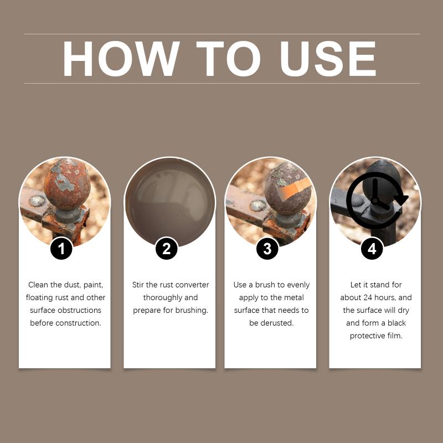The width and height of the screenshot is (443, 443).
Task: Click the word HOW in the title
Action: [121, 59]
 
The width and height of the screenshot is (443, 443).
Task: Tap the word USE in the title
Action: [328, 59]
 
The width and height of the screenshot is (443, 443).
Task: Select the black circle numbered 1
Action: [61, 249]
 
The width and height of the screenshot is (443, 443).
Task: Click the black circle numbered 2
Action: [167, 249]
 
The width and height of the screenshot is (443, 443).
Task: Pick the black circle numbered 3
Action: [267, 249]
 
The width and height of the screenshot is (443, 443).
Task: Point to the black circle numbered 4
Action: [372, 249]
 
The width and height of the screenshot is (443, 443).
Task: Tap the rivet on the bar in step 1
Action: [37, 200]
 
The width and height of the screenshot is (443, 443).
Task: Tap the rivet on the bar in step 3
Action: [257, 205]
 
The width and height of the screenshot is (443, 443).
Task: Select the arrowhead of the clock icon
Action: [401, 200]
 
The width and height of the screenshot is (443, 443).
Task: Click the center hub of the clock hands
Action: [375, 200]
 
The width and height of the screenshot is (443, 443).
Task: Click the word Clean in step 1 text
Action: [38, 285]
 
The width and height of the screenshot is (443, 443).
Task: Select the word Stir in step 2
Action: [138, 285]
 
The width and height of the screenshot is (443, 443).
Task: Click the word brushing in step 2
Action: [192, 310]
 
